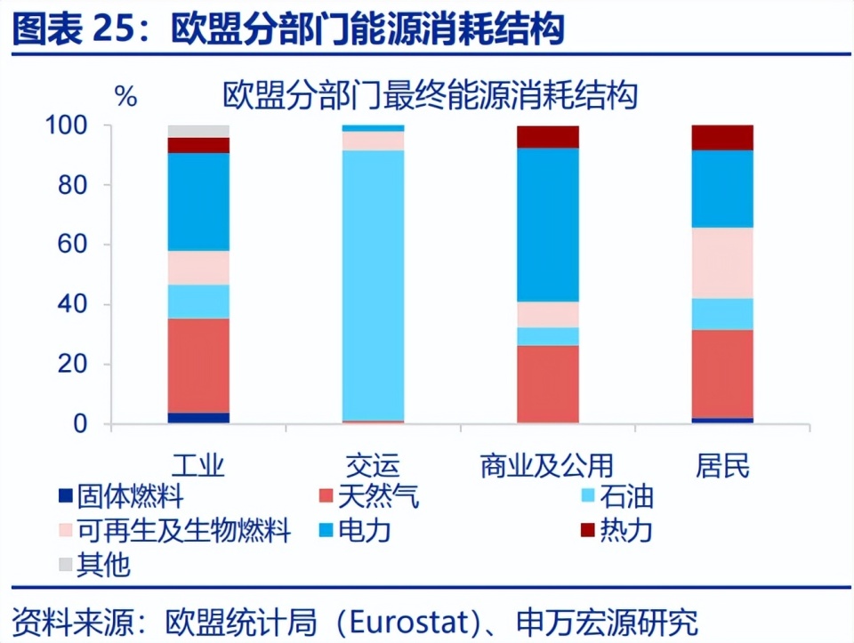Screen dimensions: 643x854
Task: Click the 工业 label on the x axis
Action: tap(198, 465)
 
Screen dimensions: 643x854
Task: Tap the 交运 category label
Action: tap(373, 465)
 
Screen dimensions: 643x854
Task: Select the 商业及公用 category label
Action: tap(547, 465)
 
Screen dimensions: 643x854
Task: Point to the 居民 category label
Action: tap(722, 465)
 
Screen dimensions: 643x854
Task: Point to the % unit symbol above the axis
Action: tap(126, 96)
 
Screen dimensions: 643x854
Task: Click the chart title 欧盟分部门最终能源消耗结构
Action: tap(431, 95)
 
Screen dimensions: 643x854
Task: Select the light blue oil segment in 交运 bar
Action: tap(373, 285)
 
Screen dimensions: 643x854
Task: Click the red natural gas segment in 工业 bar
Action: tap(198, 365)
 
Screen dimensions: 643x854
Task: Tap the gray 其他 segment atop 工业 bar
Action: tap(198, 131)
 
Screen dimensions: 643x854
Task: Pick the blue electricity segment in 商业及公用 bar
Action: tap(547, 224)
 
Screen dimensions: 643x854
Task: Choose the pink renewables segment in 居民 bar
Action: tap(722, 262)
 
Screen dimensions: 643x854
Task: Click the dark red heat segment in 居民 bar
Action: tap(722, 137)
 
